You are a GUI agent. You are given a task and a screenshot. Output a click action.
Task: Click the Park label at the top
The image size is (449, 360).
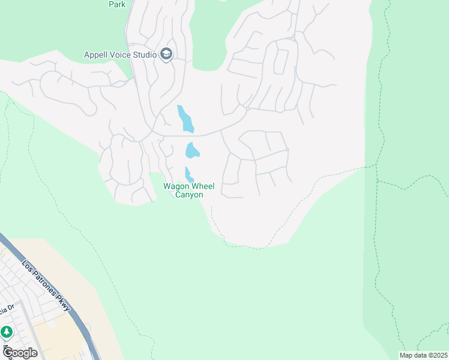[116, 4]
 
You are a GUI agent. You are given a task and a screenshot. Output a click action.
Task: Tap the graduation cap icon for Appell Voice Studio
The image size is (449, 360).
[166, 55]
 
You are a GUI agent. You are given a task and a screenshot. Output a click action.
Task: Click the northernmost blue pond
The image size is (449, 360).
[185, 119]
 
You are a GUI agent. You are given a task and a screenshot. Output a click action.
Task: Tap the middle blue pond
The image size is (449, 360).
[192, 149]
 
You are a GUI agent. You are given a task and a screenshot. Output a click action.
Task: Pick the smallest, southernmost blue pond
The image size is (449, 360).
[189, 175]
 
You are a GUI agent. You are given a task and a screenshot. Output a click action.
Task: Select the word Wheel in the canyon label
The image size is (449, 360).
[202, 187]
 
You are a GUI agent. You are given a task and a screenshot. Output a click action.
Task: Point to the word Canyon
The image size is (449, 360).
[189, 195]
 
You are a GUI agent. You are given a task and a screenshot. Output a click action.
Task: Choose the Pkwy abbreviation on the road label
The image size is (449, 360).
[65, 304]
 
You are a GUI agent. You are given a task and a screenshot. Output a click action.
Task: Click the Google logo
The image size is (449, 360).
[20, 353]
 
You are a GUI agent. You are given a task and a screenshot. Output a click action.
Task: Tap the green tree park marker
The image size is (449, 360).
[7, 332]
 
